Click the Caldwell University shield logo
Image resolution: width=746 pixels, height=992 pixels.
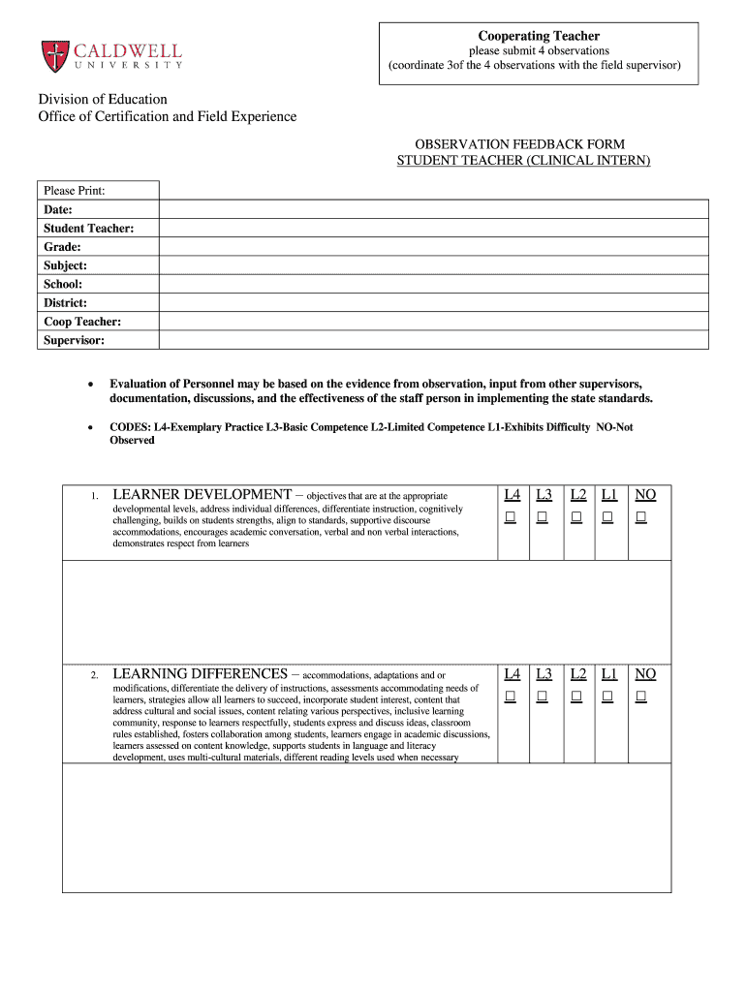point(54,55)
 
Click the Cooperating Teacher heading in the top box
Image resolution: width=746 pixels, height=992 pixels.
point(539,36)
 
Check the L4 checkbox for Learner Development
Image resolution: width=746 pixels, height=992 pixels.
point(511,518)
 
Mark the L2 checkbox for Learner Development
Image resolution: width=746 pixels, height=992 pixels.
point(576,518)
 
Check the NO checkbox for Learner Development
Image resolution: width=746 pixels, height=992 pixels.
point(640,518)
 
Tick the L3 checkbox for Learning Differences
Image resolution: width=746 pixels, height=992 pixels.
point(543,697)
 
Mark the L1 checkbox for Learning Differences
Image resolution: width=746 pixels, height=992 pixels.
point(607,697)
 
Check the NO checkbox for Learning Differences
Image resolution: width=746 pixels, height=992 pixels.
point(640,697)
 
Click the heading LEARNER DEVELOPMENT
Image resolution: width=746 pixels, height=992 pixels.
point(202,495)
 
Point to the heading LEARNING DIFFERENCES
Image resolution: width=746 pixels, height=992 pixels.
point(200,673)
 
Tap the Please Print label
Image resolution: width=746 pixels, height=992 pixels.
point(75,191)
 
